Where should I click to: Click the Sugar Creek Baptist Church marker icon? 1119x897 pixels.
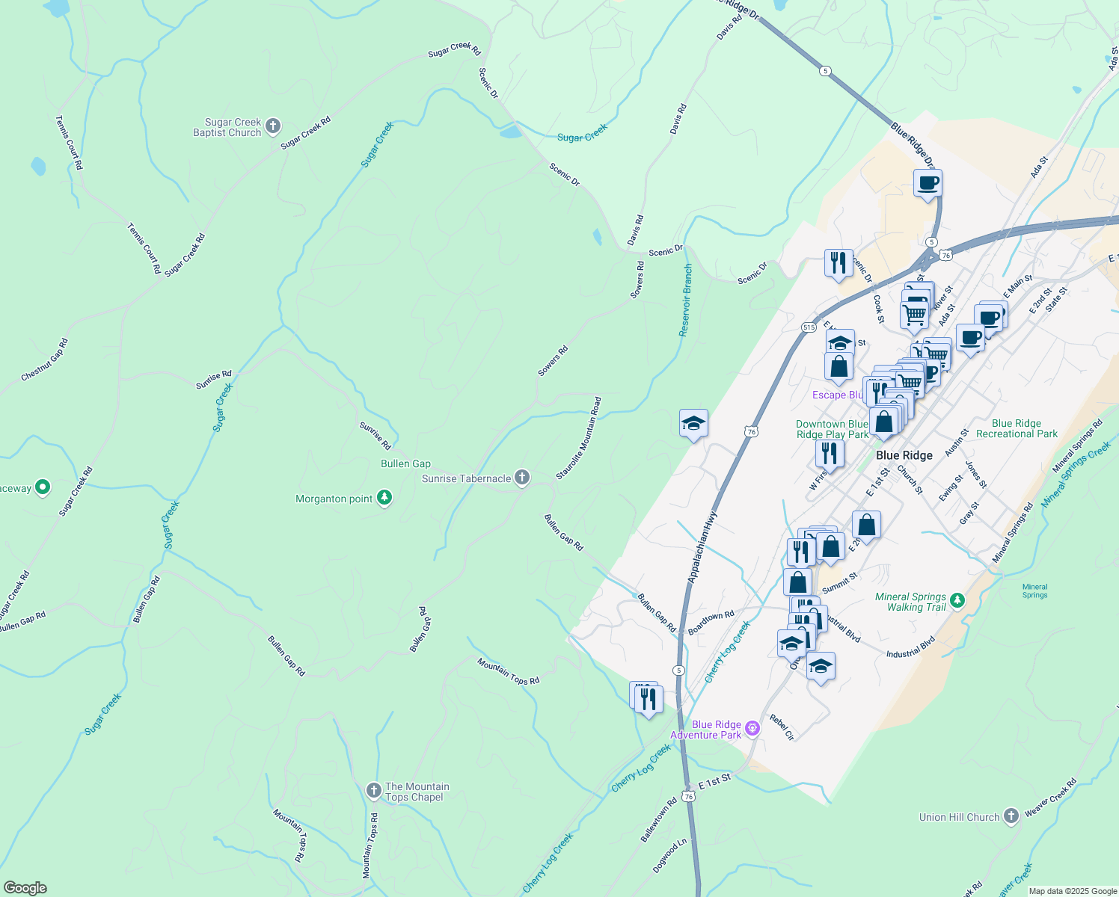tap(273, 126)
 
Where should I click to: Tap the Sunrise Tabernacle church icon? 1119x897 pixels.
tap(522, 478)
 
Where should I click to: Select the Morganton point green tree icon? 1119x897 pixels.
tap(384, 498)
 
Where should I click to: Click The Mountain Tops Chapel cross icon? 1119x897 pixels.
tap(373, 790)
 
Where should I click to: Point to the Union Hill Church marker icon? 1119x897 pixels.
tap(1011, 816)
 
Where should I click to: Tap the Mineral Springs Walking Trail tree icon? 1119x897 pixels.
tap(957, 600)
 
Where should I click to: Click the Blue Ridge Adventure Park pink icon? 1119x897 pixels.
tap(753, 728)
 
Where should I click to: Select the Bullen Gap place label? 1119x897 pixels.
tap(405, 463)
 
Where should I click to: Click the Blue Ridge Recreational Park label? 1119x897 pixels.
tap(1017, 428)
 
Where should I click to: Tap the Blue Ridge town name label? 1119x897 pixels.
tap(904, 455)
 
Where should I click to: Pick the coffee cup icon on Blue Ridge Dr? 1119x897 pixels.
tap(928, 183)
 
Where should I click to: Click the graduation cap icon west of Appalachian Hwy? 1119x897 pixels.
tap(693, 424)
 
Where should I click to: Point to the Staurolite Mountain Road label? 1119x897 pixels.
tap(579, 438)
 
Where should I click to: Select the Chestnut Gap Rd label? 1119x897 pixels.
tap(45, 360)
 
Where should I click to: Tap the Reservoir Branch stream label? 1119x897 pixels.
tap(685, 300)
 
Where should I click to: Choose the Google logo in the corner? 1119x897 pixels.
tap(25, 887)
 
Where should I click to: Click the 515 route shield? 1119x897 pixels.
tap(809, 327)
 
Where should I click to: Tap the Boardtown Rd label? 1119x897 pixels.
tap(711, 623)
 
